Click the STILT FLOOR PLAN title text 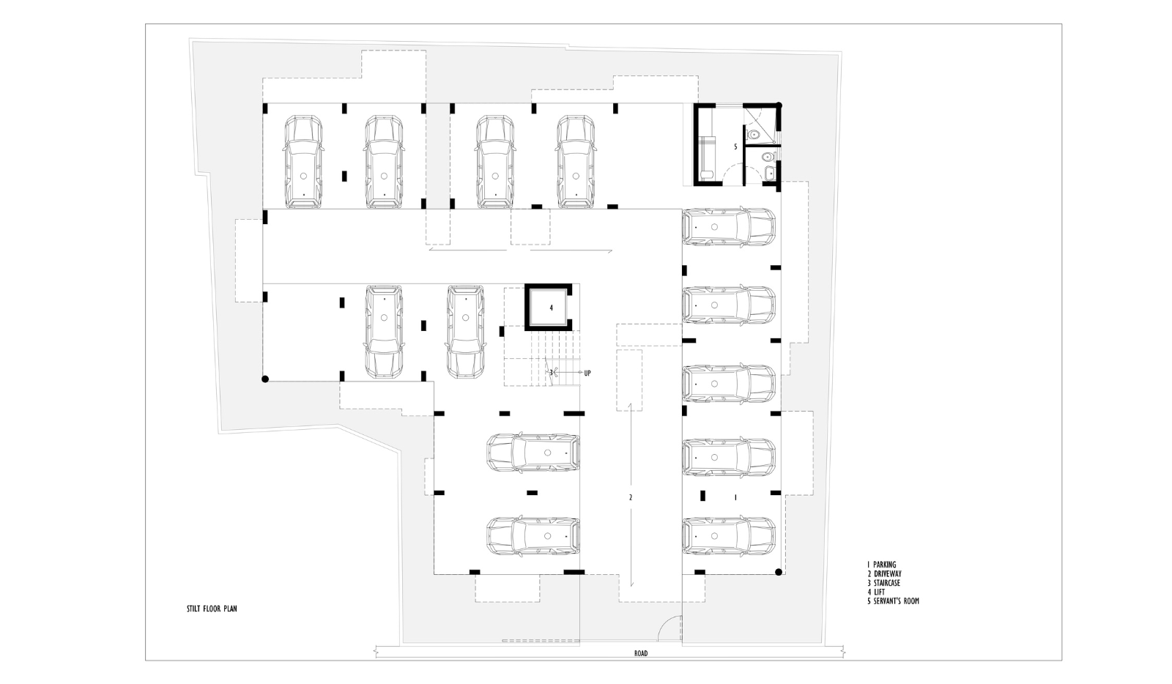(212, 609)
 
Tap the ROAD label (641, 653)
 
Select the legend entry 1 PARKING (882, 565)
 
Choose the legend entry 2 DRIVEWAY (884, 573)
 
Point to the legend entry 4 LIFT (876, 592)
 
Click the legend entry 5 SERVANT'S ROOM (893, 601)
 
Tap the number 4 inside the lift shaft (551, 308)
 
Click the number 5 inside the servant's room (735, 147)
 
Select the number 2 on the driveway (631, 498)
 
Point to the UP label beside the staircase (587, 373)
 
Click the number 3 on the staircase (551, 372)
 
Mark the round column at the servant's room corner (779, 105)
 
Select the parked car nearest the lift (465, 332)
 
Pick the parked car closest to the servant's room (729, 227)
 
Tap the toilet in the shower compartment (754, 135)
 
